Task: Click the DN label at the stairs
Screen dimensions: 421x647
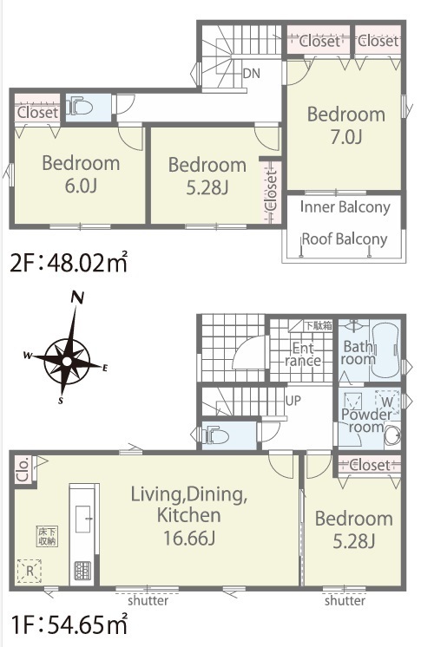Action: [x=251, y=74]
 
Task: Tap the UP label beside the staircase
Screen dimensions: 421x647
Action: [x=293, y=400]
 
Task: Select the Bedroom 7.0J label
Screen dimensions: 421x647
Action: [x=346, y=126]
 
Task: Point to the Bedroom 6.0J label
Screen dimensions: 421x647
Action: [x=81, y=174]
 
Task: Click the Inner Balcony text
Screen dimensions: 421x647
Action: [x=345, y=207]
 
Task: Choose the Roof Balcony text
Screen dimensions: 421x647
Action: [x=345, y=239]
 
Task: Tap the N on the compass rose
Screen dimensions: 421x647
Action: [x=77, y=297]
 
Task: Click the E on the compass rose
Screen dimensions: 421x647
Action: [x=104, y=368]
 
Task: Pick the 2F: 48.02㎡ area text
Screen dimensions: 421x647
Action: [x=69, y=262]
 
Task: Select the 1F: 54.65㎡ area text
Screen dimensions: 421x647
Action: [x=69, y=624]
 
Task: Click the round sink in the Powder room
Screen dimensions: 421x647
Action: [x=392, y=436]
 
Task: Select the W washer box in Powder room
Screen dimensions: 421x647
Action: [x=387, y=402]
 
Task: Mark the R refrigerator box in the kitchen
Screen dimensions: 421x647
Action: [x=30, y=571]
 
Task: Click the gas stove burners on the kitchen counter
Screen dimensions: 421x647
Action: [x=81, y=571]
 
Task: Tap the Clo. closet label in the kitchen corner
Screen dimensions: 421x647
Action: [x=23, y=469]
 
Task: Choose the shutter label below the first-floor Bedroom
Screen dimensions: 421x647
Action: [x=345, y=600]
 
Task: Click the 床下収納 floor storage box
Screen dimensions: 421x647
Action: [x=47, y=536]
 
